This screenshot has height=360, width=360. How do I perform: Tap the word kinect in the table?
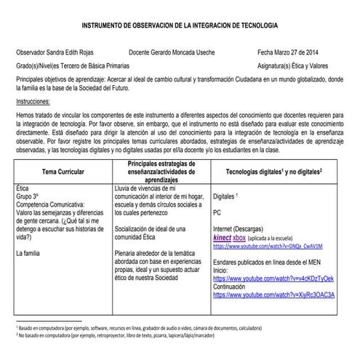tap(220, 237)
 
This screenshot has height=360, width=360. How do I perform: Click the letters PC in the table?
tap(217, 213)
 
